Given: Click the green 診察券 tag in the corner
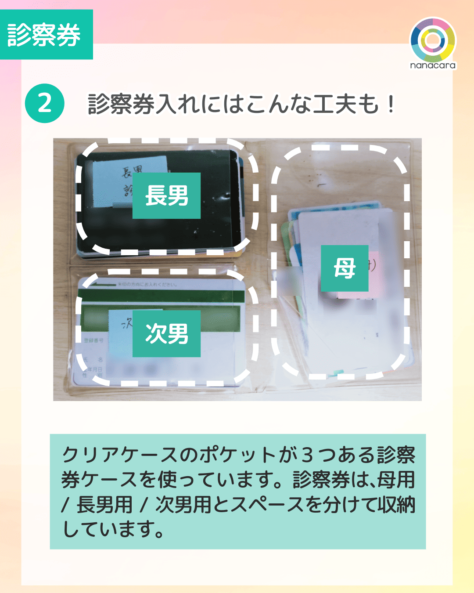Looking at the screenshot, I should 46,35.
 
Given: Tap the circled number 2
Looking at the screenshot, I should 45,103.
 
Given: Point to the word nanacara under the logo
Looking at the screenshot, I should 433,65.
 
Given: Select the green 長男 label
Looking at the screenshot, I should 166,195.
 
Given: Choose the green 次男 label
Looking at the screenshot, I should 166,334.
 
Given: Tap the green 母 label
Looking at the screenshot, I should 345,268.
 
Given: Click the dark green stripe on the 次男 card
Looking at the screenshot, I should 162,296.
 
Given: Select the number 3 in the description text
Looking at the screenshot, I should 308,455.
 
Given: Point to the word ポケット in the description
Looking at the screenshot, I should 237,455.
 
